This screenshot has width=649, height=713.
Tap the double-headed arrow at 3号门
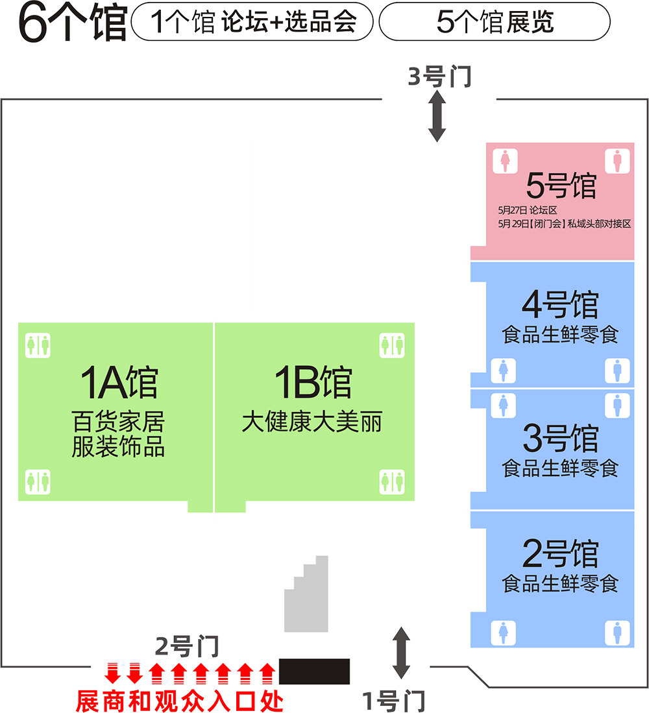(x=437, y=116)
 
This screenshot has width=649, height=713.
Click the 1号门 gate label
(x=393, y=700)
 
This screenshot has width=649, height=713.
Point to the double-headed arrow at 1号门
(x=402, y=652)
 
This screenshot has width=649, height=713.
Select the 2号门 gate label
(x=188, y=646)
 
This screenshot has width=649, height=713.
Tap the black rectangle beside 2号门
(x=314, y=671)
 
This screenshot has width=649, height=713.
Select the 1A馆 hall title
(x=119, y=383)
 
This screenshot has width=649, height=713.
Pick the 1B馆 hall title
(x=313, y=383)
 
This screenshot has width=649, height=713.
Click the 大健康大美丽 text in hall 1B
(x=312, y=422)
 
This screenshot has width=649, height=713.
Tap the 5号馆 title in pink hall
(x=561, y=187)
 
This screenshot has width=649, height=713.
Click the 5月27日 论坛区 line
(x=528, y=210)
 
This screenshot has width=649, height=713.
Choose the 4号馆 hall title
(x=559, y=305)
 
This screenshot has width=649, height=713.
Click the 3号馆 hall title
(x=559, y=438)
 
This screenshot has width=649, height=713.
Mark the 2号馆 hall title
(x=559, y=553)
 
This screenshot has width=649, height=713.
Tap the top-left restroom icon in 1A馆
(x=38, y=344)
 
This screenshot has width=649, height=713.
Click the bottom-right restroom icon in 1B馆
(x=392, y=482)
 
